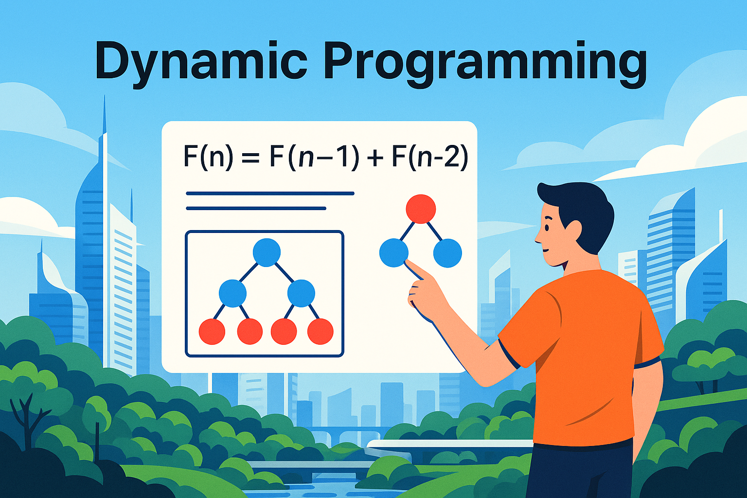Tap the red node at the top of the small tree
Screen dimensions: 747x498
coord(421,209)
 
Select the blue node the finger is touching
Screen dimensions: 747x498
coord(394,252)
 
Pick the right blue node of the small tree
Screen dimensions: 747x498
coord(447,253)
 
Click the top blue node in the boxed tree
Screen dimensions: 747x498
coord(267,252)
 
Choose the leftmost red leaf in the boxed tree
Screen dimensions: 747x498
coord(212,332)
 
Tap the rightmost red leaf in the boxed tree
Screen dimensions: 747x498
coord(320,332)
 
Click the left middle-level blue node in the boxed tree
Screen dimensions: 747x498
coord(232,293)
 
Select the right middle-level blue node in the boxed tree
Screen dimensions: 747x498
coord(301,293)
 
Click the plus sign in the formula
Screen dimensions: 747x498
coord(375,158)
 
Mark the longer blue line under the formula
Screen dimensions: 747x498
coord(270,194)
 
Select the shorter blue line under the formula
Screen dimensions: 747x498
coord(256,209)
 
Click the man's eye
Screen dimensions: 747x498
coord(547,228)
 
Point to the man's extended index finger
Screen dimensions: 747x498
coord(417,271)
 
